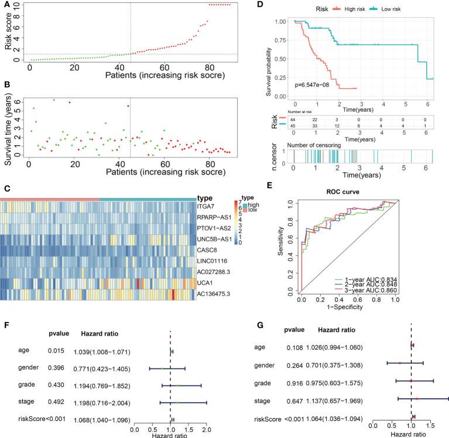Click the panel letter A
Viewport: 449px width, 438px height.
tap(5, 4)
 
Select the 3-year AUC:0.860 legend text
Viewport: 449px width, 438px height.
tap(363, 299)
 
